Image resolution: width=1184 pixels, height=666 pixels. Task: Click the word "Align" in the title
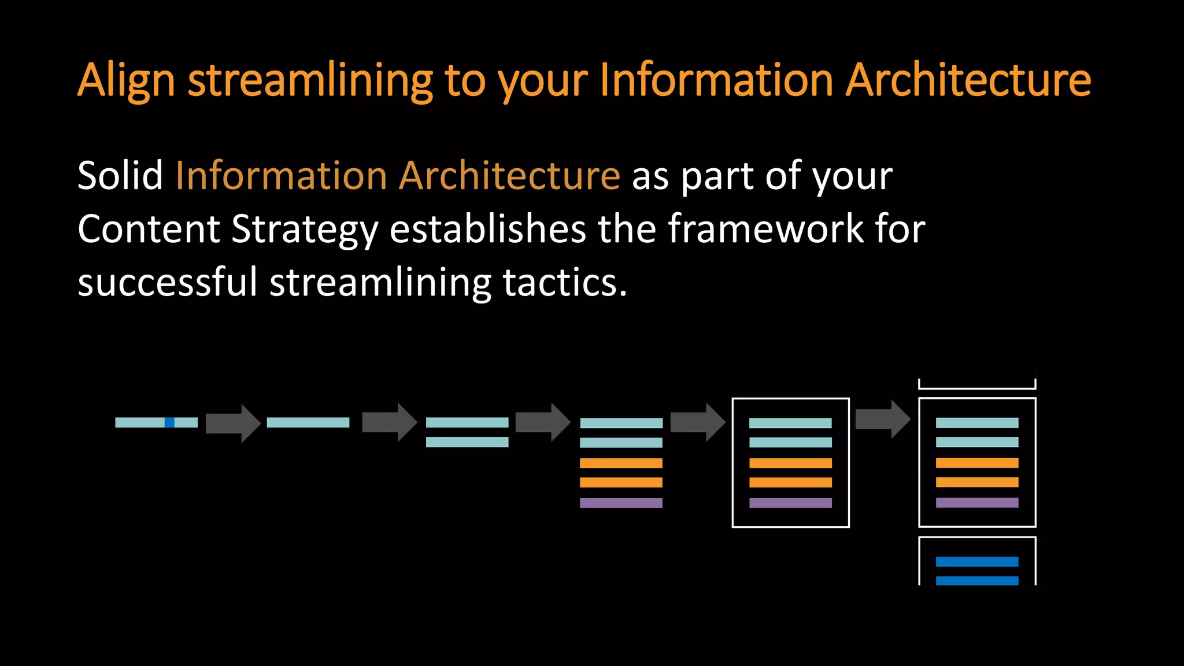(x=126, y=81)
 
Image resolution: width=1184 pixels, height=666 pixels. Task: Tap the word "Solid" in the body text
(x=120, y=176)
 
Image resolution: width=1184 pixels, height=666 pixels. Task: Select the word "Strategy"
(x=304, y=230)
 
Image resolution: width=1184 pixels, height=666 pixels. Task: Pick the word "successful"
(x=167, y=283)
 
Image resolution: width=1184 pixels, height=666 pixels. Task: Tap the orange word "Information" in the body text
(x=281, y=176)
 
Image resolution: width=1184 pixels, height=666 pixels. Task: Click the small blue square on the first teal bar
(x=169, y=423)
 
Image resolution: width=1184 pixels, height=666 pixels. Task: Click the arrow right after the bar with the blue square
(x=233, y=423)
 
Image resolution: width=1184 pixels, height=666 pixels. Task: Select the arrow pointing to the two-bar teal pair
(x=389, y=423)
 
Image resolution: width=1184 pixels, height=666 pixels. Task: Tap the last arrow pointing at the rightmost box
(x=882, y=419)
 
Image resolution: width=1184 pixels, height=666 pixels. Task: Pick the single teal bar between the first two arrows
(x=308, y=423)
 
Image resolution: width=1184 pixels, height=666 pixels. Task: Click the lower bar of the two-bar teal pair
(x=467, y=442)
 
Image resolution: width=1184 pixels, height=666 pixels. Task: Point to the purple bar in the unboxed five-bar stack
(x=621, y=503)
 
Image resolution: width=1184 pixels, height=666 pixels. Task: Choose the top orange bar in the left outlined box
(x=790, y=463)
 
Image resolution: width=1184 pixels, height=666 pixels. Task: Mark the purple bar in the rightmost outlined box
(x=977, y=502)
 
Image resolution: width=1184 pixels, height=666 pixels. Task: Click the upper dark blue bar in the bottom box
(x=977, y=561)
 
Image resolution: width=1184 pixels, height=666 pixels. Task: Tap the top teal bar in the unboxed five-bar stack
(x=621, y=423)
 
